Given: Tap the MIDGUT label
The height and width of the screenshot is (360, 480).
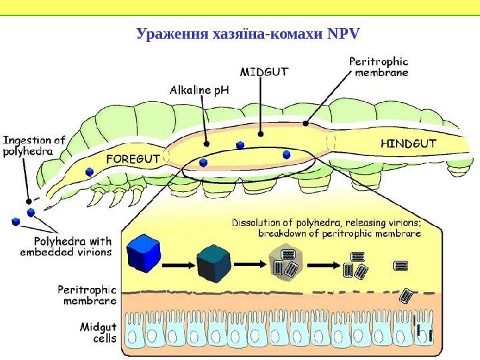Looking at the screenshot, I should pyautogui.click(x=264, y=71).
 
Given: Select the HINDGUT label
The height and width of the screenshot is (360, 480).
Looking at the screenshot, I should pyautogui.click(x=407, y=143).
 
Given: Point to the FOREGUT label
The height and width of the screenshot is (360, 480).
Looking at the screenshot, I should pyautogui.click(x=133, y=159).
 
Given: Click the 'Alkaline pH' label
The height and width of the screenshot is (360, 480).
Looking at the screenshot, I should pyautogui.click(x=199, y=89).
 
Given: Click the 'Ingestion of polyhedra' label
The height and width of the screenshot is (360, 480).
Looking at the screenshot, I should pyautogui.click(x=35, y=145).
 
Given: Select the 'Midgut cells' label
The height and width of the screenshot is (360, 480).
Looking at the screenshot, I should pyautogui.click(x=98, y=332).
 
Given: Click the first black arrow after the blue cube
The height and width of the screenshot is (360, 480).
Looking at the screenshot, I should pyautogui.click(x=177, y=265).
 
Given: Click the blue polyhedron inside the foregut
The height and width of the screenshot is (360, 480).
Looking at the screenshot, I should pyautogui.click(x=89, y=171).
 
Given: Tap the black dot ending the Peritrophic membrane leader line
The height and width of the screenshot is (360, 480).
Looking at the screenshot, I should pyautogui.click(x=305, y=123).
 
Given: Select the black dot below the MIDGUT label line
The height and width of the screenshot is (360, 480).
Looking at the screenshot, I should pyautogui.click(x=261, y=133).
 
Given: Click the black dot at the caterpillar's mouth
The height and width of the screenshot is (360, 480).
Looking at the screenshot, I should pyautogui.click(x=28, y=201).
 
